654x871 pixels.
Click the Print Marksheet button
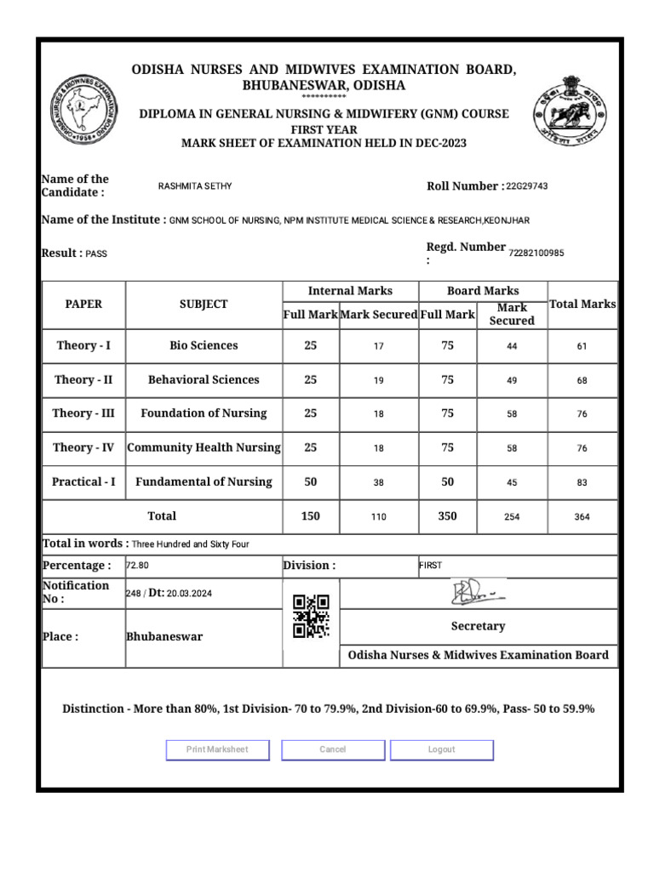coord(217,749)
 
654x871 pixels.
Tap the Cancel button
coord(333,749)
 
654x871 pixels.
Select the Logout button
coord(441,749)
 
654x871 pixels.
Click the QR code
coord(311,617)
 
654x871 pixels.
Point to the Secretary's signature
coord(478,593)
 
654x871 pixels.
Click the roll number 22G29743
coord(526,186)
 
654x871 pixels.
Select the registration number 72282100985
coord(536,253)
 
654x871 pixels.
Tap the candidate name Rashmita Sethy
coord(195,186)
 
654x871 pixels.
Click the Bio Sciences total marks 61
coord(582,346)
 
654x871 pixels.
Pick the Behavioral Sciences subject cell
coord(204,380)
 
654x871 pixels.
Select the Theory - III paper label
coord(83,413)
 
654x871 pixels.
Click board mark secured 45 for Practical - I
coord(512,482)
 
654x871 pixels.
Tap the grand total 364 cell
coord(582,516)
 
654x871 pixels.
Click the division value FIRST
coord(431,565)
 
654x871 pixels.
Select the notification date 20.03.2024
coord(189,593)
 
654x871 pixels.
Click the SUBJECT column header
coord(204,305)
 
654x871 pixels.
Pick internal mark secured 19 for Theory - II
coord(379,380)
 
